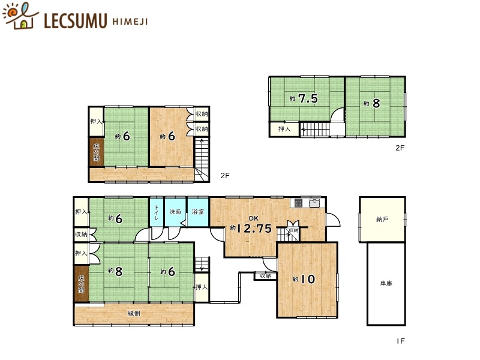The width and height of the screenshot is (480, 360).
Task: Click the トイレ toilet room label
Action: [157, 213]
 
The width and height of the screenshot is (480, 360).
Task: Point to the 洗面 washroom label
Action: [175, 212]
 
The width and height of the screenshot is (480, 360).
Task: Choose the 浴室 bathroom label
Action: [197, 212]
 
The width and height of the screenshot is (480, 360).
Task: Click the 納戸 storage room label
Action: [382, 220]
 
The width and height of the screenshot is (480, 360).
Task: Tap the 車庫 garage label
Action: [386, 283]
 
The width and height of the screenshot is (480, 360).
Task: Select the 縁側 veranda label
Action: [134, 314]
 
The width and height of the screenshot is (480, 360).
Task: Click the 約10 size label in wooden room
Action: [304, 279]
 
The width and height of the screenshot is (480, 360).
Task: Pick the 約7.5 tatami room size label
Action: [304, 99]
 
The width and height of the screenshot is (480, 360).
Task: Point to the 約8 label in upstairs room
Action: [372, 103]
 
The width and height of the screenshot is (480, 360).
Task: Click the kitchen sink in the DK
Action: [314, 203]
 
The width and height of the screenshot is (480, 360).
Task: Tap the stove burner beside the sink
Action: [298, 203]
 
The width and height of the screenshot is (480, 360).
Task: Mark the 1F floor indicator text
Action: [401, 341]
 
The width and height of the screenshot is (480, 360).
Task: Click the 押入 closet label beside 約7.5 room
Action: [285, 129]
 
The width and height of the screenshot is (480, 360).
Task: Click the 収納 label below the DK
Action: [265, 276]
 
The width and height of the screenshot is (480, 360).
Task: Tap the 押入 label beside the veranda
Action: [202, 288]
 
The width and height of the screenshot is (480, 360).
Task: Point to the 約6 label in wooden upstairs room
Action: [167, 136]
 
